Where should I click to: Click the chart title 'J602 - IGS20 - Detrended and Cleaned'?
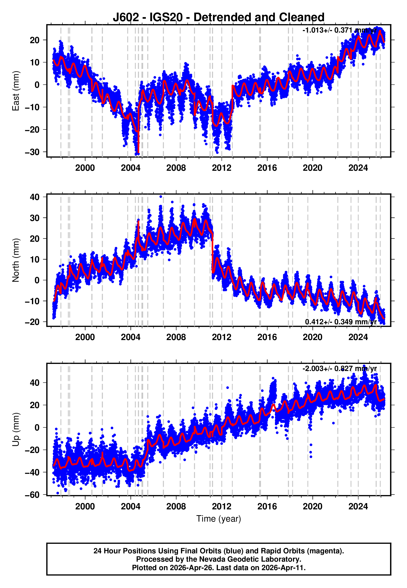[219, 17]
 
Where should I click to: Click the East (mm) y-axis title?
[16, 91]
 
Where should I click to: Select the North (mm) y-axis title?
[16, 260]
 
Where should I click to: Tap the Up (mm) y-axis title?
[16, 429]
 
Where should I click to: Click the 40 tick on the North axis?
[35, 197]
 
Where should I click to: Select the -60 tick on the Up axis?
[32, 495]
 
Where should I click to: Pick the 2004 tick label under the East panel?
[130, 168]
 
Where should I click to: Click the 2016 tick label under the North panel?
[267, 337]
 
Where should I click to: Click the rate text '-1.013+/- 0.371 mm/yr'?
[339, 30]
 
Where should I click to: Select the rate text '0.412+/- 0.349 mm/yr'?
[341, 322]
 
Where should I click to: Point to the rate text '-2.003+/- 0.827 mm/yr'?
[339, 369]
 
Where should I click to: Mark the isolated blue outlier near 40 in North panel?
[161, 197]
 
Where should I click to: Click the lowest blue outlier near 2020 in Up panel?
[311, 457]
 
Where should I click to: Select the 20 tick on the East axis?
[35, 40]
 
